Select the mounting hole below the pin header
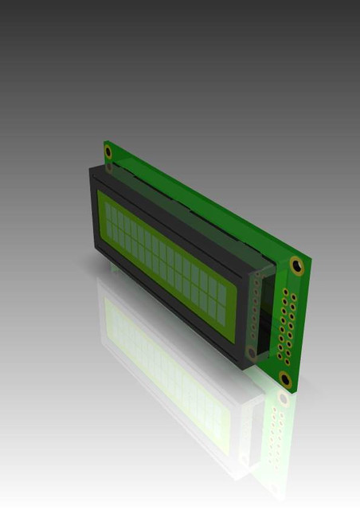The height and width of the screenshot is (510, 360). (284, 378)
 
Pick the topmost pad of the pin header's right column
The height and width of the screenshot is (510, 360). (294, 297)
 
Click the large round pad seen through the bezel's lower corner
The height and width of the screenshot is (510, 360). (252, 351)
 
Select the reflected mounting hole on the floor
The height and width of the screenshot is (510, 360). (283, 397)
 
